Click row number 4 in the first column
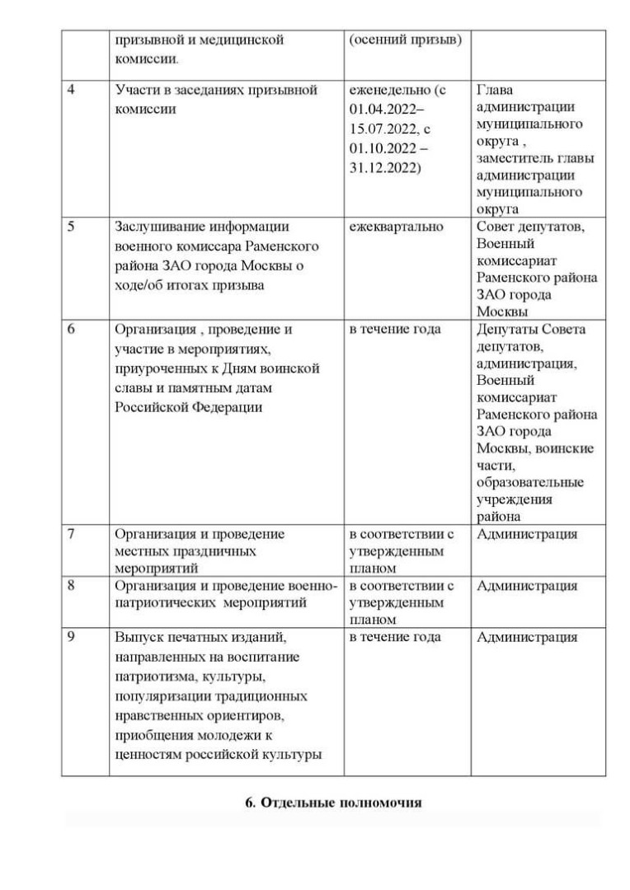(71, 90)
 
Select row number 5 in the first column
(71, 227)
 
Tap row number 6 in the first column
(71, 329)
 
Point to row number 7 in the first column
(71, 533)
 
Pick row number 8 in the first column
(71, 586)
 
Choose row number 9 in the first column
(71, 637)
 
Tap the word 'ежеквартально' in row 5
(396, 227)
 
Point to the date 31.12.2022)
(384, 168)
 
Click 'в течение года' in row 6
(395, 329)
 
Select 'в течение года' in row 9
(395, 637)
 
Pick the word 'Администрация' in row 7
(527, 533)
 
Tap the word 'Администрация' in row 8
(527, 586)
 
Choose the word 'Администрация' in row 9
(527, 637)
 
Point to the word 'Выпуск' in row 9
(138, 637)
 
